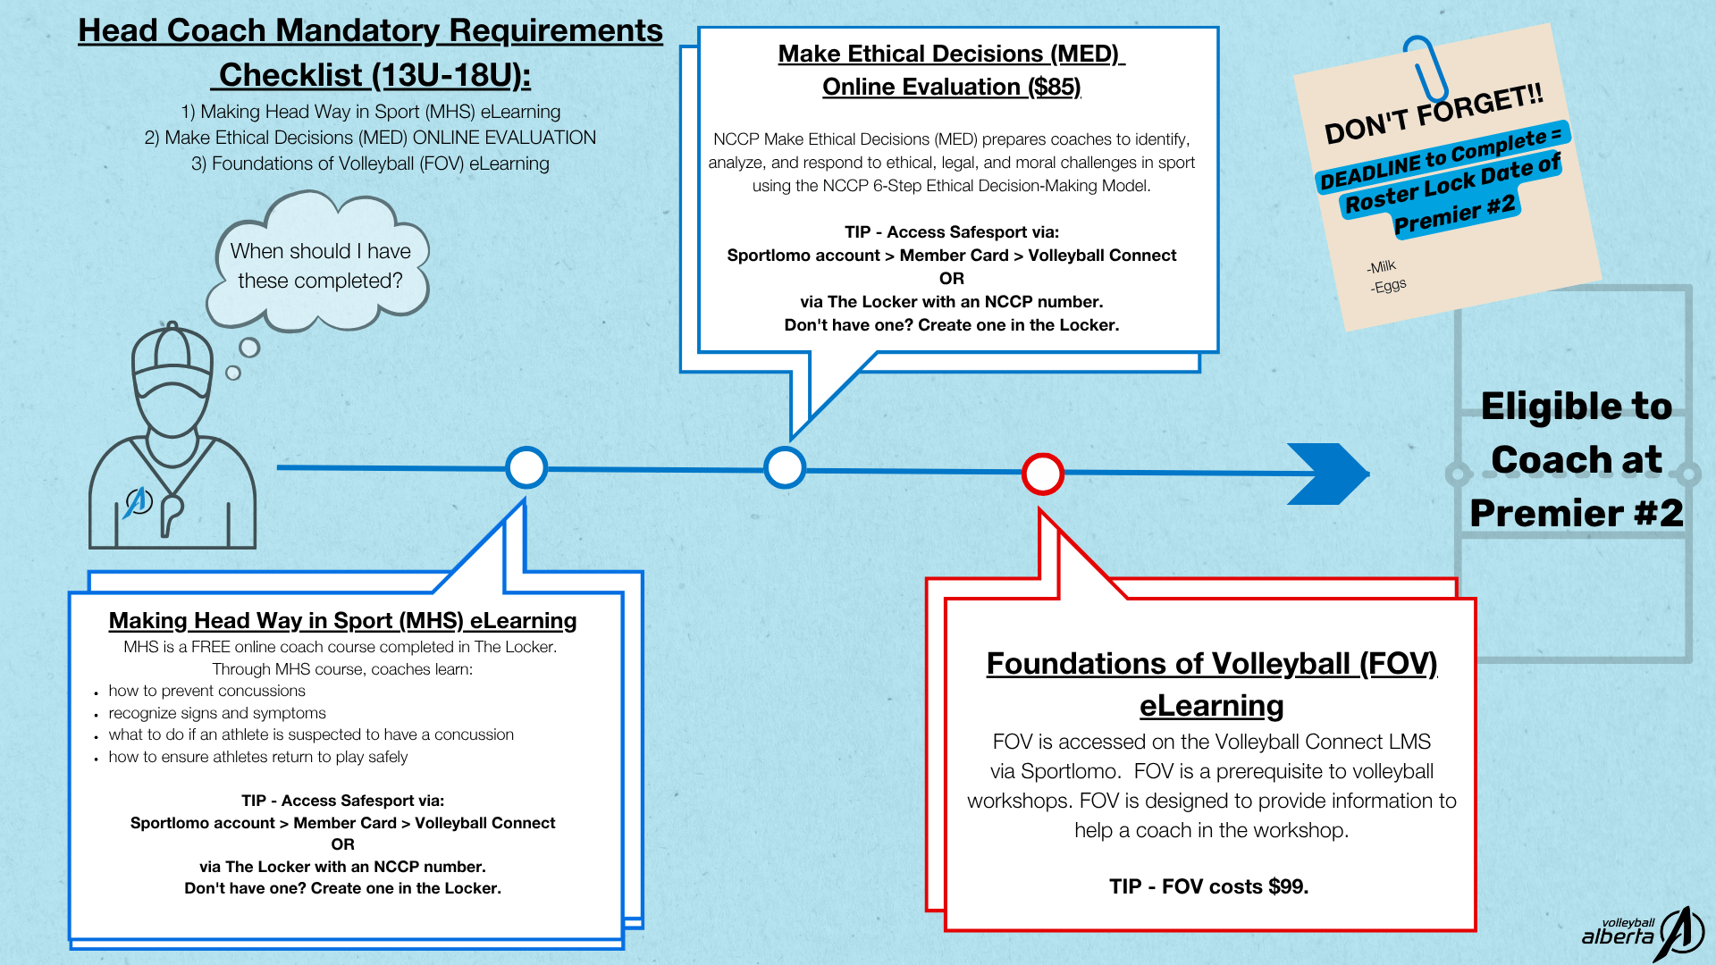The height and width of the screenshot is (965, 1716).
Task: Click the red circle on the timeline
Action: point(1042,474)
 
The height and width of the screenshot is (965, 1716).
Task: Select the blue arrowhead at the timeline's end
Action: point(1328,474)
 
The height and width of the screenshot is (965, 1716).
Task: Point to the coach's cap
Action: point(172,357)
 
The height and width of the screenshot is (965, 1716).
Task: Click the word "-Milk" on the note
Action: point(1381,266)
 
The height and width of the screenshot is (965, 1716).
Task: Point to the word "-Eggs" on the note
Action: point(1388,286)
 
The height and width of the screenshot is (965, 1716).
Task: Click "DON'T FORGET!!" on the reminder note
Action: point(1434,114)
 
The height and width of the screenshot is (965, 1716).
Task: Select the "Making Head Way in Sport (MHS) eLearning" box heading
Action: point(342,620)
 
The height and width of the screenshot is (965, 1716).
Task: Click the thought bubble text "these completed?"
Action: point(320,281)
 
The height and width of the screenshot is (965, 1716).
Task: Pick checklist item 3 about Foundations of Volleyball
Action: point(370,164)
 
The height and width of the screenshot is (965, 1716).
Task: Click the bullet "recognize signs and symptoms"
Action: point(217,713)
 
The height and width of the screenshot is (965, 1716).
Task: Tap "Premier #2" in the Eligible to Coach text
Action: point(1577,513)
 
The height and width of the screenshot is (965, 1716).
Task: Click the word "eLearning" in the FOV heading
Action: point(1211,706)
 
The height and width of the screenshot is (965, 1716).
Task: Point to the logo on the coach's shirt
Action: point(137,502)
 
